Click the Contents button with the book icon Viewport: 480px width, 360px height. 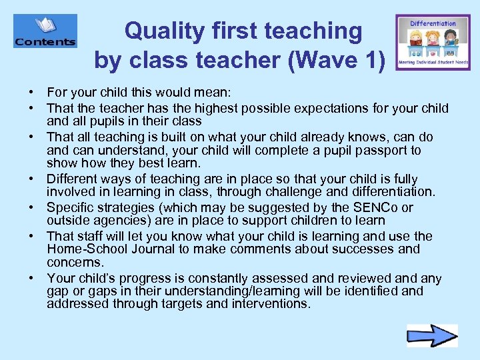[45, 32]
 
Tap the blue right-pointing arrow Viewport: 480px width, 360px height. [432, 335]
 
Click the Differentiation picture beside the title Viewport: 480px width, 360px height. [432, 41]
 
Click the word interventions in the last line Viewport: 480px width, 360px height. [270, 304]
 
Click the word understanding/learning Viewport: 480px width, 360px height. [225, 291]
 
